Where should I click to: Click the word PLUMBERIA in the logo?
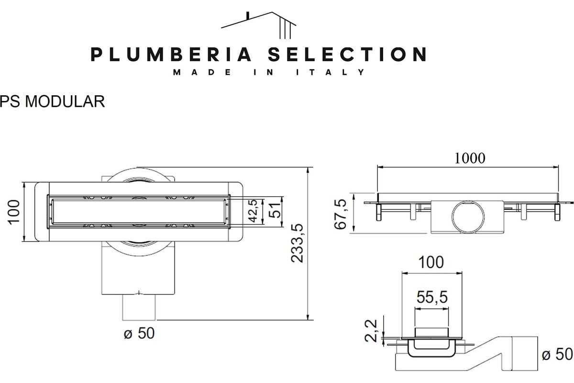pos(171,54)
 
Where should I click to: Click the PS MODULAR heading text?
pos(53,101)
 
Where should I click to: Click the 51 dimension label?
pos(274,210)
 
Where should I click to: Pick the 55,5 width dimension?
pos(431,298)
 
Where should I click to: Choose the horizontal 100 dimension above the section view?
pos(431,262)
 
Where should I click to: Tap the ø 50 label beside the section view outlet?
pos(557,354)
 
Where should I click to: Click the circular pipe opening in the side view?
pos(467,214)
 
